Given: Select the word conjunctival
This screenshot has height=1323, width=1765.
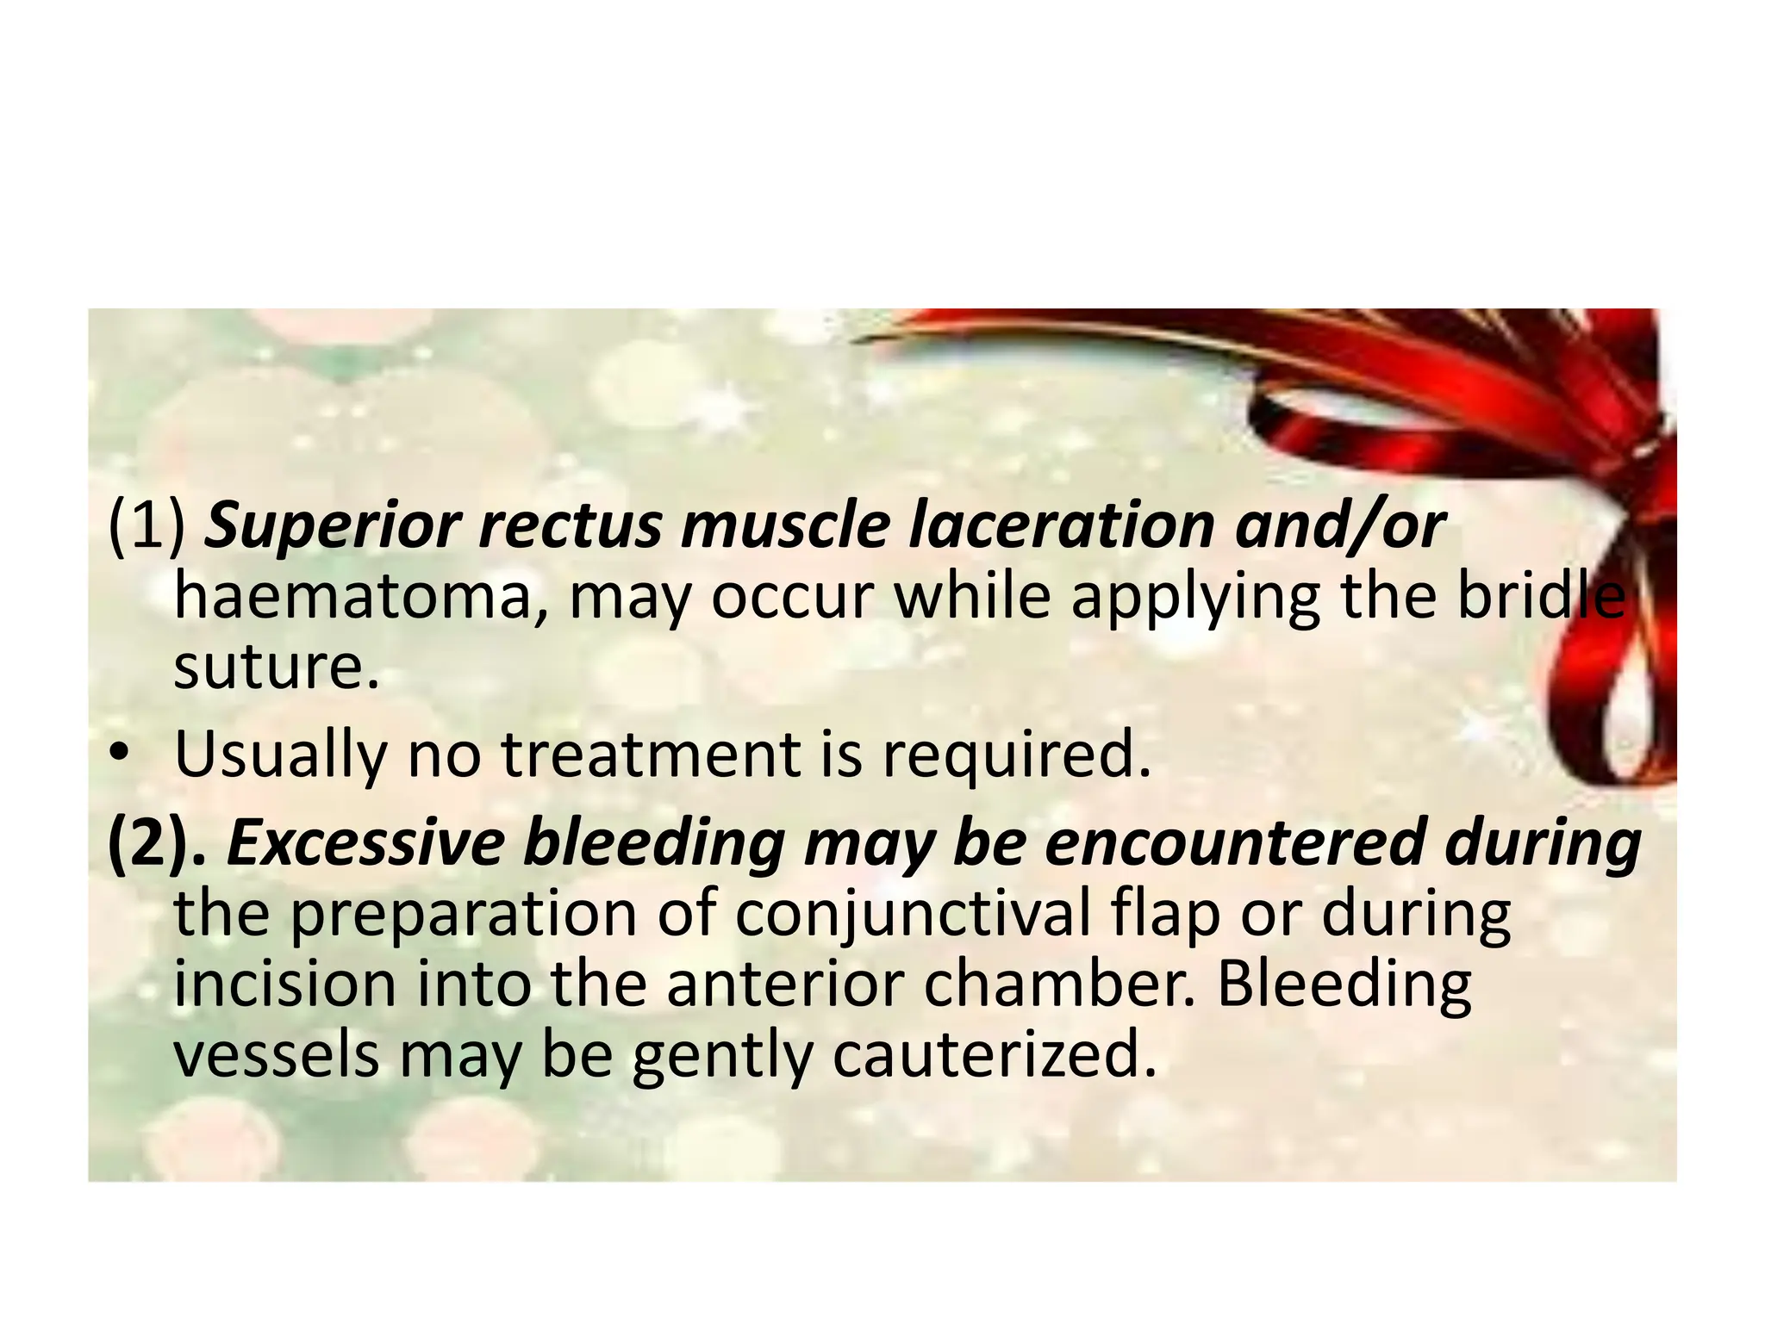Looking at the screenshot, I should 914,916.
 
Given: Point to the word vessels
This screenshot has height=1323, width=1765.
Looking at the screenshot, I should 276,1055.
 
